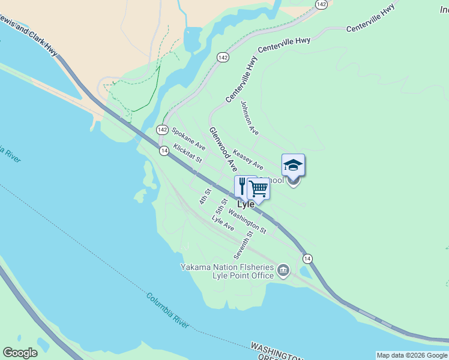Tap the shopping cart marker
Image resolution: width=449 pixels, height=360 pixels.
pyautogui.click(x=258, y=188)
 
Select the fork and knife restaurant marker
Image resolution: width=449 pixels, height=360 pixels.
pyautogui.click(x=243, y=185)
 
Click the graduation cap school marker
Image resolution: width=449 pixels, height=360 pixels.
pyautogui.click(x=293, y=165)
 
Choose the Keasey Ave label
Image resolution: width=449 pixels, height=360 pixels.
pyautogui.click(x=248, y=159)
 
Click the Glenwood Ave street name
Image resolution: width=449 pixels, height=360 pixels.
pyautogui.click(x=221, y=146)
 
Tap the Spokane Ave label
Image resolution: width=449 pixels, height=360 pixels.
pyautogui.click(x=188, y=139)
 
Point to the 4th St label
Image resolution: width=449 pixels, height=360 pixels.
pyautogui.click(x=206, y=196)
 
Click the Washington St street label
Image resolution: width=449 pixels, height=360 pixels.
pyautogui.click(x=247, y=223)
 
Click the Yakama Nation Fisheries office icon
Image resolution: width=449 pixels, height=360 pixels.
pyautogui.click(x=283, y=272)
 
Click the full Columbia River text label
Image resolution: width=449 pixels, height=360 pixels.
pyautogui.click(x=167, y=310)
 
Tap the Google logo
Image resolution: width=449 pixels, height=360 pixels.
pyautogui.click(x=20, y=353)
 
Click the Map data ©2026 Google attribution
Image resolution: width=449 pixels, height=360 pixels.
pyautogui.click(x=412, y=355)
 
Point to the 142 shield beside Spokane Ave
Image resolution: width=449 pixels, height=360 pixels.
pyautogui.click(x=162, y=130)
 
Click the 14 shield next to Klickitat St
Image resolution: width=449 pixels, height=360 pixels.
pyautogui.click(x=164, y=151)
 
